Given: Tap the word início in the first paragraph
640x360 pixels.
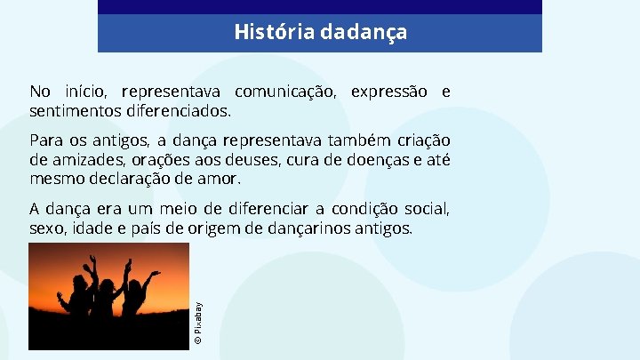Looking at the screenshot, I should coord(87,92).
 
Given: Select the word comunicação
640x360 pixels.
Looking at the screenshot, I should coord(284,92).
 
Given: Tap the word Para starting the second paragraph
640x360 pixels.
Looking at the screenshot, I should coord(46,141).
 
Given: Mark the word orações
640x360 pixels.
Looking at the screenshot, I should coord(164,161).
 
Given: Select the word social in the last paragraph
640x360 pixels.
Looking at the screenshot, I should coord(428,209).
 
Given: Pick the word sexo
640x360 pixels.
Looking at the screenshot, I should coord(45,229).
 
